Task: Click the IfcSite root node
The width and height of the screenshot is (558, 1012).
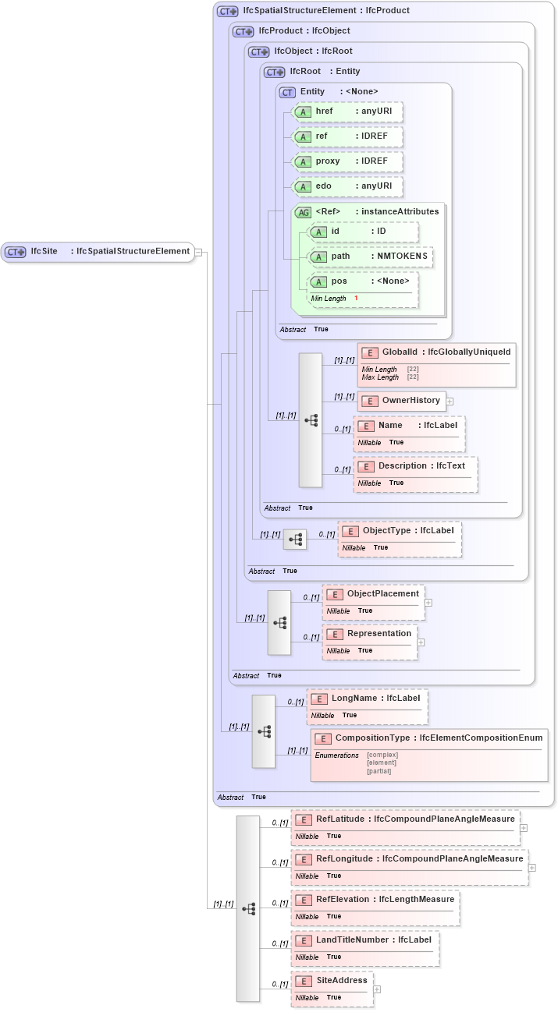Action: (98, 251)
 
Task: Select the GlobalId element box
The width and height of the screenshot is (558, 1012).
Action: (436, 353)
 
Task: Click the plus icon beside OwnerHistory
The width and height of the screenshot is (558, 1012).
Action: (450, 401)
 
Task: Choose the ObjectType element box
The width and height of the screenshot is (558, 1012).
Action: (400, 530)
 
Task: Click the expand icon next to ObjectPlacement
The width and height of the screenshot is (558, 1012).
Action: (428, 603)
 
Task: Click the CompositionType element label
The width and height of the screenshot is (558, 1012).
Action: (429, 738)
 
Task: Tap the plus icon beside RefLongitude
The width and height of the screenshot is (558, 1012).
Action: (532, 867)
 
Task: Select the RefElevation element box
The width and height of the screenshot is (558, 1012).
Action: (375, 899)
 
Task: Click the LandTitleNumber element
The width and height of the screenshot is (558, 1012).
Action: (364, 939)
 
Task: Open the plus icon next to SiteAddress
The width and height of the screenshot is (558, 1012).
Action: (377, 989)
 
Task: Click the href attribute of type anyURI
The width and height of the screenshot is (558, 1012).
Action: (347, 111)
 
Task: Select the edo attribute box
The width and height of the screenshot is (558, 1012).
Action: (347, 186)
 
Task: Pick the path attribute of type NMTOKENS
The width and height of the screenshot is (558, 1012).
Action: (371, 257)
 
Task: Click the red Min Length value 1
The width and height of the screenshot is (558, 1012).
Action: (356, 299)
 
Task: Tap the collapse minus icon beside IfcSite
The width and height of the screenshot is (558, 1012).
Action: (199, 252)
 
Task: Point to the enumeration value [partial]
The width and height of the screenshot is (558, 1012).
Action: (379, 771)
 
